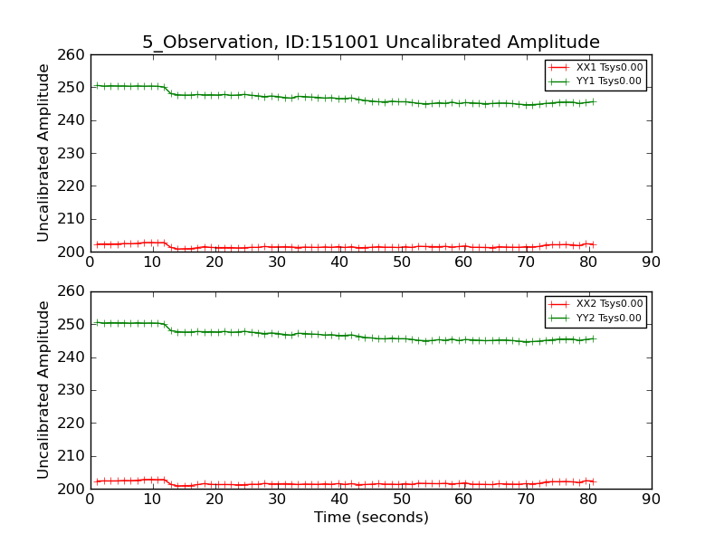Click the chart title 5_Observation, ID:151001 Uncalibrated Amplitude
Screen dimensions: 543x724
tap(370, 43)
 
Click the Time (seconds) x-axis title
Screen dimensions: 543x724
tap(371, 518)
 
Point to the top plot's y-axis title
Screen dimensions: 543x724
tap(43, 153)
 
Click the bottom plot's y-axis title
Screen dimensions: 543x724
tap(43, 390)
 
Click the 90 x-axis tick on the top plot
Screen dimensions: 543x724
tap(651, 262)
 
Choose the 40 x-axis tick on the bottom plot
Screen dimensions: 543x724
tap(339, 499)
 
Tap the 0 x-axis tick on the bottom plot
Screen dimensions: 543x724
tap(90, 499)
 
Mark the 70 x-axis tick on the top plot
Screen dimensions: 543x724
tap(526, 262)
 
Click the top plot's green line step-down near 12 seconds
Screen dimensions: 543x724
tap(168, 90)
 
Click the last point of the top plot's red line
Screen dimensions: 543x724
tap(595, 244)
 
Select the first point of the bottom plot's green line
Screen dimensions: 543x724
tap(97, 322)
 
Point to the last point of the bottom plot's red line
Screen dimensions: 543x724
tap(595, 481)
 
